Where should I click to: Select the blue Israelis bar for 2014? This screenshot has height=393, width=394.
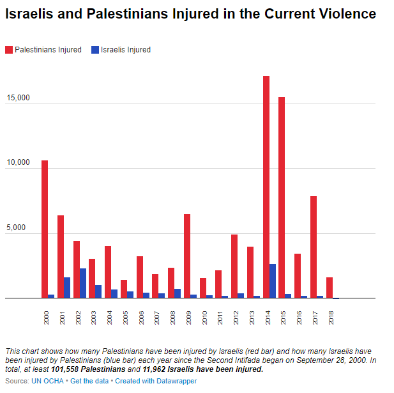pos(273,281)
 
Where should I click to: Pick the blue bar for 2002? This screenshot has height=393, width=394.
pos(83,283)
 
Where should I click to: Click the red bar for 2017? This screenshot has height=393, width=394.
pos(314,247)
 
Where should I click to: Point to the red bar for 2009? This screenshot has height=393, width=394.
pos(187,256)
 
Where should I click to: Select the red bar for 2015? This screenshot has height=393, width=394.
pos(282,197)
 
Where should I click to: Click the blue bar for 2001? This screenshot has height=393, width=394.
pos(67,288)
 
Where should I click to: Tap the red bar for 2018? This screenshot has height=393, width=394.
pos(330,288)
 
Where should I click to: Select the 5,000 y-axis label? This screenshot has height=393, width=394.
pos(19,228)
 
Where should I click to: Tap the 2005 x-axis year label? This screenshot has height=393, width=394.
pos(125,316)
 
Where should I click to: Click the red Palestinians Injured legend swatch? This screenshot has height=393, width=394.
pos(9,50)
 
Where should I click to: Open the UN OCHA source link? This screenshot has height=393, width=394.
pos(49,381)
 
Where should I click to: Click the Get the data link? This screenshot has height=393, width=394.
pos(90,381)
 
